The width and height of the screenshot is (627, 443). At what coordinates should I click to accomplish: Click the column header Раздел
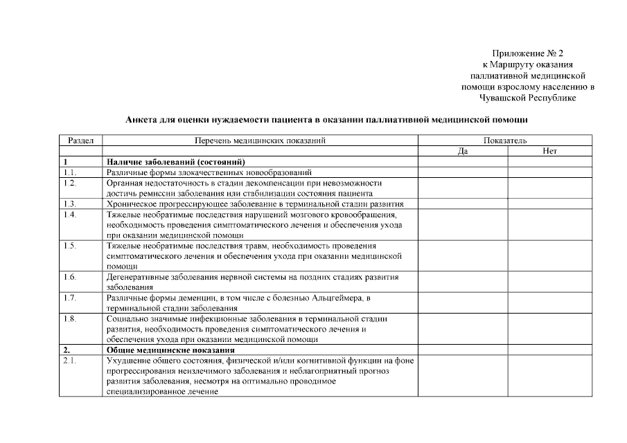tap(81, 141)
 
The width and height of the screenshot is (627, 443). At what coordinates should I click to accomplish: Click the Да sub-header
tap(463, 150)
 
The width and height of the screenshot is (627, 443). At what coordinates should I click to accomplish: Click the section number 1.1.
tap(69, 172)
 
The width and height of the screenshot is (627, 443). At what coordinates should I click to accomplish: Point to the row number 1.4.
tap(69, 215)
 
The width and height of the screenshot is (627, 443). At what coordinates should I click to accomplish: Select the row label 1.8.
tap(69, 319)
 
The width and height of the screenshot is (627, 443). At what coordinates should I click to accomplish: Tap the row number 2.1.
tap(69, 361)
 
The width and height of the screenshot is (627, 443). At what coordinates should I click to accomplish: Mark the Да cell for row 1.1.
tap(463, 172)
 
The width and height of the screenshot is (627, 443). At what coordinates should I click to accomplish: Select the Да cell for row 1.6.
tap(463, 282)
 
